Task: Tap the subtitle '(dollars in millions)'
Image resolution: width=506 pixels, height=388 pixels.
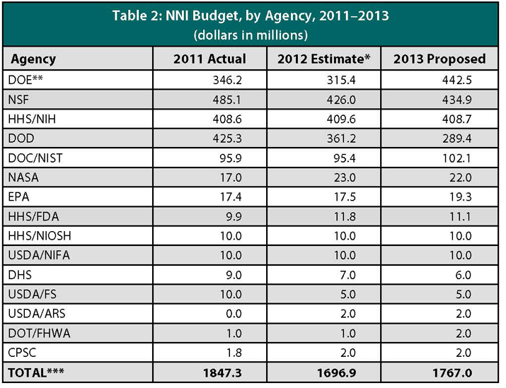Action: click(x=251, y=35)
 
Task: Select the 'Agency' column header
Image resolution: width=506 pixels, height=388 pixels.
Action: click(x=33, y=59)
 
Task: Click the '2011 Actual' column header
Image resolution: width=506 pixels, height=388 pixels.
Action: click(x=209, y=59)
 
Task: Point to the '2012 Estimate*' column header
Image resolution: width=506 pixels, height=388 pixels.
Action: click(x=323, y=59)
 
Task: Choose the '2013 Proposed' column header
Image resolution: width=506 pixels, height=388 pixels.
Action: click(x=439, y=59)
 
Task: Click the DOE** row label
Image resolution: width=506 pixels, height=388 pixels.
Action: click(x=25, y=80)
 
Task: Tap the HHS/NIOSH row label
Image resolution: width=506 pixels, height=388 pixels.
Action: click(x=40, y=236)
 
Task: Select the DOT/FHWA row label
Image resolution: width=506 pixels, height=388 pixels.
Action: click(x=39, y=333)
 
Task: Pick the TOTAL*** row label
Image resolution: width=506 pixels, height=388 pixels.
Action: click(x=36, y=373)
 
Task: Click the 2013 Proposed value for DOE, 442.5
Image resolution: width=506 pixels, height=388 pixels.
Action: click(x=457, y=80)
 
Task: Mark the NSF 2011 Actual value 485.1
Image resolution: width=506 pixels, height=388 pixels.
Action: click(x=227, y=100)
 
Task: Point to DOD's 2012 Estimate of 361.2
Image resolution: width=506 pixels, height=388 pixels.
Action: click(x=341, y=139)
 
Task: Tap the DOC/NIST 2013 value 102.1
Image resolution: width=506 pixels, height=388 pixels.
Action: click(x=457, y=158)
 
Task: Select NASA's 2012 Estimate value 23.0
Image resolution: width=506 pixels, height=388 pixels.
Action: click(x=345, y=177)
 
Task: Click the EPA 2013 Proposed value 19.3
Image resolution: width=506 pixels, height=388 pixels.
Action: click(x=461, y=197)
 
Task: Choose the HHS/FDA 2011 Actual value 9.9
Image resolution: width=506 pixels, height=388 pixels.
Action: click(x=234, y=216)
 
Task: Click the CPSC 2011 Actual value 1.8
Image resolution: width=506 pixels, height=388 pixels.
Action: click(x=234, y=353)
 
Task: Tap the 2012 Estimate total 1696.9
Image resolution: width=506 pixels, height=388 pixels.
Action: click(x=337, y=373)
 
